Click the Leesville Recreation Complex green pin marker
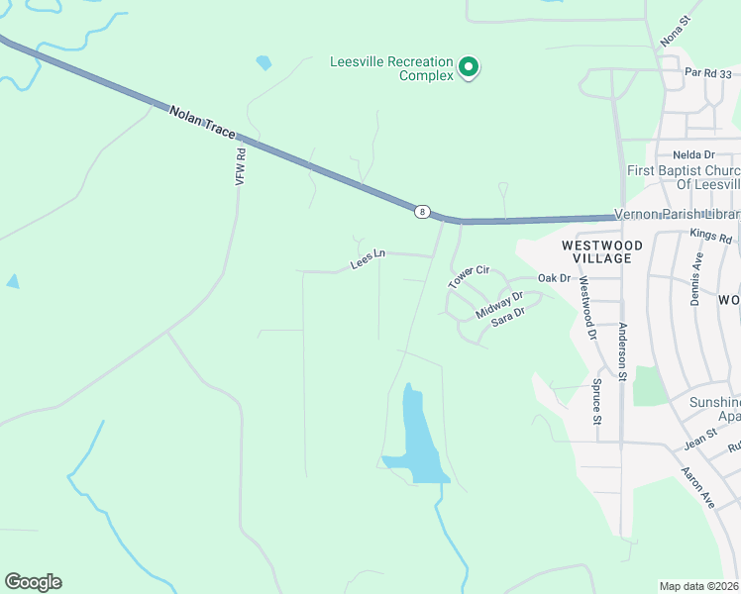(469, 67)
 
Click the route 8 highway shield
(424, 211)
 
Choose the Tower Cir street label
(470, 276)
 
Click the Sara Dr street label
(507, 318)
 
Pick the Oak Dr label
(555, 278)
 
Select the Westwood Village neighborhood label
(601, 250)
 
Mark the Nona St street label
(675, 31)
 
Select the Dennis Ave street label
(696, 278)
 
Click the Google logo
(33, 582)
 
